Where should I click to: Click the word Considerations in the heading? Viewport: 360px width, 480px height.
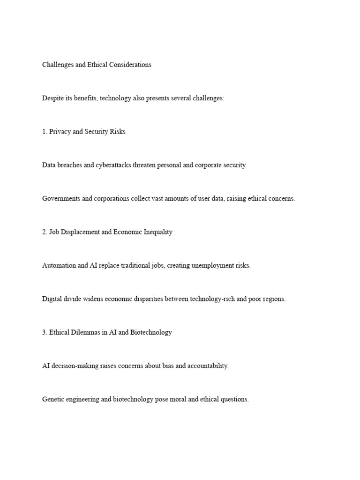(130, 65)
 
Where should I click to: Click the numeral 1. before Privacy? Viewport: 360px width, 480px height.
(45, 132)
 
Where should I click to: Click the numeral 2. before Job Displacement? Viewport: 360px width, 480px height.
(45, 232)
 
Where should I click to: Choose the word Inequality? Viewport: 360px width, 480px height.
(157, 232)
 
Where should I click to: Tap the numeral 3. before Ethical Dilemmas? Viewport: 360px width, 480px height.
(45, 332)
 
